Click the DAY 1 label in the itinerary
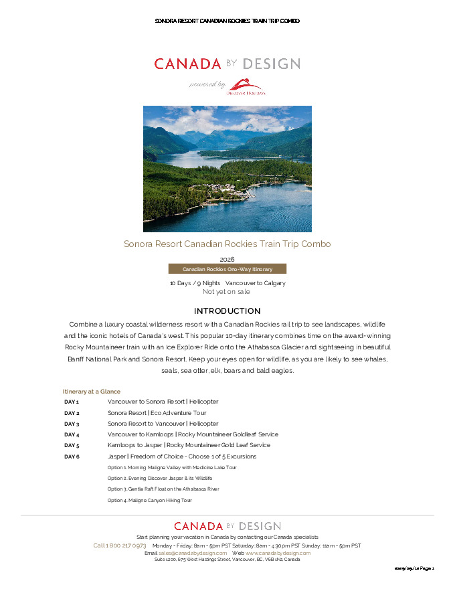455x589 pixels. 72,402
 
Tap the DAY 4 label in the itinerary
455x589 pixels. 72,434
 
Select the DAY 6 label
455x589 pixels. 72,456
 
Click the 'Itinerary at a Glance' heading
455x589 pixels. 92,391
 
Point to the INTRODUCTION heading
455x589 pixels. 227,311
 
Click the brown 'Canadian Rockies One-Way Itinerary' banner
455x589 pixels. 227,269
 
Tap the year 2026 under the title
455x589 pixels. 227,259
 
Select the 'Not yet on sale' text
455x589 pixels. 227,292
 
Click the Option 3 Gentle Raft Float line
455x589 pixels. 163,489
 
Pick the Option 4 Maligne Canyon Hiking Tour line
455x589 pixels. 150,500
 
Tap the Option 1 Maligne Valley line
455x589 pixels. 172,467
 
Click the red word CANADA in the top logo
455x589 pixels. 187,64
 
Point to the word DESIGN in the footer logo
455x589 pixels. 259,527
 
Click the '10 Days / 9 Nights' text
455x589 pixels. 195,283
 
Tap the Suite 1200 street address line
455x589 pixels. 227,560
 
